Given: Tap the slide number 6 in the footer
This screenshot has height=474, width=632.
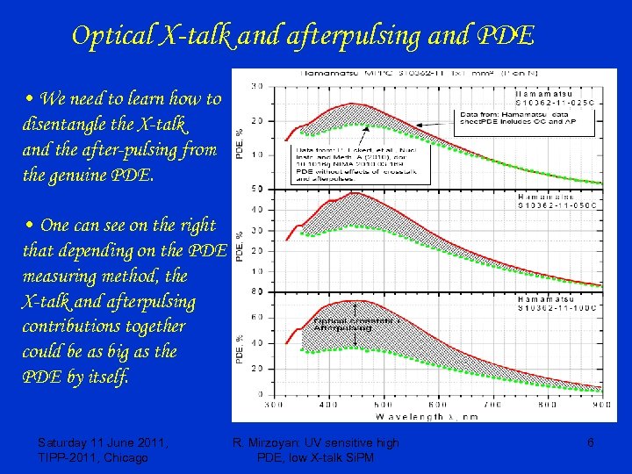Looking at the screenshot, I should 591,443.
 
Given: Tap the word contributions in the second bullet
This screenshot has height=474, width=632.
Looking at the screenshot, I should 76,327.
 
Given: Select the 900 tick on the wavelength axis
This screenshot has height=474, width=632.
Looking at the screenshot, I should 601,406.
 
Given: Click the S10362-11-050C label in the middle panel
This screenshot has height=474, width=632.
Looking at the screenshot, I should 563,205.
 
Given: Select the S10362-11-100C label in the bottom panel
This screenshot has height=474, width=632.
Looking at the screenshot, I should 563,308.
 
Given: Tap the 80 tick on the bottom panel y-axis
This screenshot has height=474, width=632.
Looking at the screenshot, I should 257,291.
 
